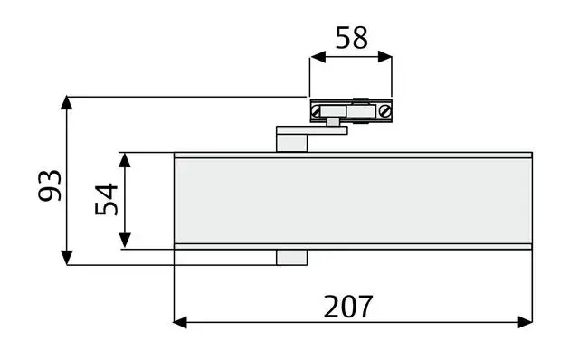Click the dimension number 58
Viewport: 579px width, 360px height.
pyautogui.click(x=351, y=37)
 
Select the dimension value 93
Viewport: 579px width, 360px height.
pyautogui.click(x=50, y=185)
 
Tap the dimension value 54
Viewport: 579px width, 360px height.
pyautogui.click(x=107, y=199)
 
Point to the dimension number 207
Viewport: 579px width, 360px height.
pyautogui.click(x=347, y=307)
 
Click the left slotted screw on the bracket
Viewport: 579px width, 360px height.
pyautogui.click(x=316, y=110)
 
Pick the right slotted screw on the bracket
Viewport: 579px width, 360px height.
pyautogui.click(x=385, y=110)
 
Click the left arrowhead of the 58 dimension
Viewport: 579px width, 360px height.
pyautogui.click(x=318, y=57)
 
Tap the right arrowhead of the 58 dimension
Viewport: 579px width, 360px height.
pyautogui.click(x=384, y=57)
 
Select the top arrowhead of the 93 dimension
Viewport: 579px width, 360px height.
pyautogui.click(x=66, y=102)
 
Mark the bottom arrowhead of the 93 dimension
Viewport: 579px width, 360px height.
pyautogui.click(x=66, y=258)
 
